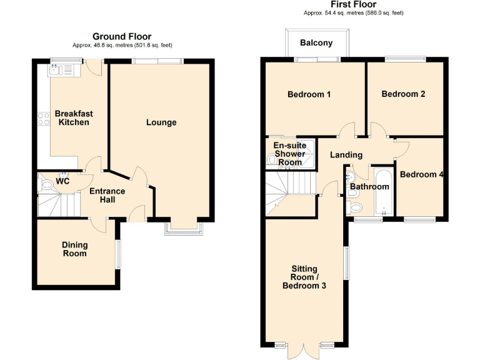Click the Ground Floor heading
pos(122,37)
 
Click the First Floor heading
pos(353,4)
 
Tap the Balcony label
pos(316,43)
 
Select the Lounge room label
pos(161,122)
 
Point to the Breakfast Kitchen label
pos(74,118)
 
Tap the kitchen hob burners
pos(44,118)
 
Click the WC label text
pos(62,182)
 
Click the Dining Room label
pos(74,249)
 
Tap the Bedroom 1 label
pos(309,94)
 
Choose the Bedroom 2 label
pos(403,94)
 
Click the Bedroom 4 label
pos(421,174)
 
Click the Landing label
pos(346,155)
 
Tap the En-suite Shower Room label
pos(289,154)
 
